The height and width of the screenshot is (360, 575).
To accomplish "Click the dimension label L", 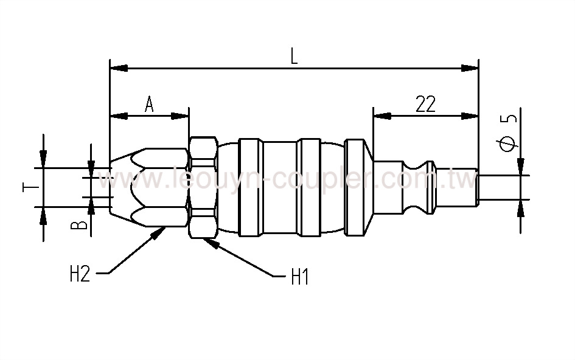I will coord(293,56).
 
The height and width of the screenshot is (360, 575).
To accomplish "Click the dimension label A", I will coord(149,104).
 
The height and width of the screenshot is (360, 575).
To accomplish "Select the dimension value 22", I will coord(425,104).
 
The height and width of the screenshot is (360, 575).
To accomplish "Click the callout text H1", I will coord(300,277).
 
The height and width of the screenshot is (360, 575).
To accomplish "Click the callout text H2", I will coord(79,274).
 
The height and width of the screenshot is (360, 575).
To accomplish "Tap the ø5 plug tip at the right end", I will coord(499,187).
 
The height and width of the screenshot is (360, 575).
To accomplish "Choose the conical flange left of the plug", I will coord(359,187).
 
